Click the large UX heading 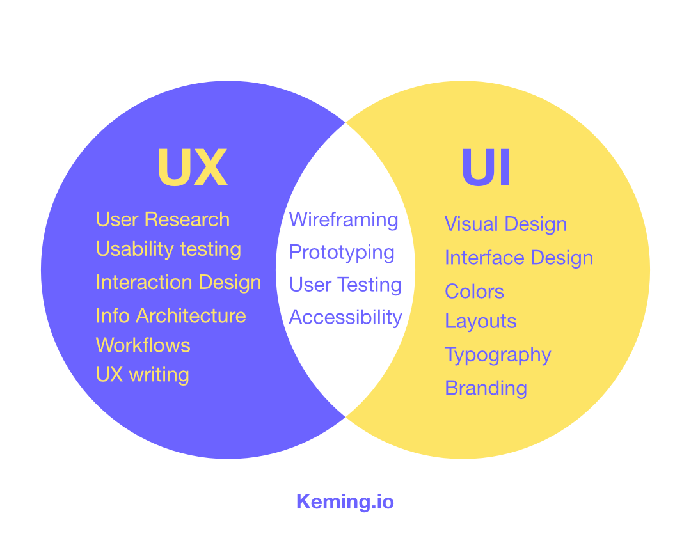click(x=193, y=168)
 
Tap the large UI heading click(x=486, y=168)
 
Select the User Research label click(x=163, y=219)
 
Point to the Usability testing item click(x=168, y=249)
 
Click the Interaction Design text click(x=179, y=282)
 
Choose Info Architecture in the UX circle click(x=171, y=315)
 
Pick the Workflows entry click(x=143, y=345)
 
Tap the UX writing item click(x=143, y=375)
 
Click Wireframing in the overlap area click(x=344, y=220)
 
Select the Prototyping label click(x=342, y=253)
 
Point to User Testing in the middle click(x=345, y=285)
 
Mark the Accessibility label click(x=345, y=317)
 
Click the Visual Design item click(x=505, y=224)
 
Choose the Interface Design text click(x=519, y=258)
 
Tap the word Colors click(x=474, y=292)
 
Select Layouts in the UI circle click(x=481, y=321)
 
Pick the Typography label click(x=498, y=355)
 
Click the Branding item click(x=486, y=388)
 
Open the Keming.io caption click(x=345, y=502)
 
